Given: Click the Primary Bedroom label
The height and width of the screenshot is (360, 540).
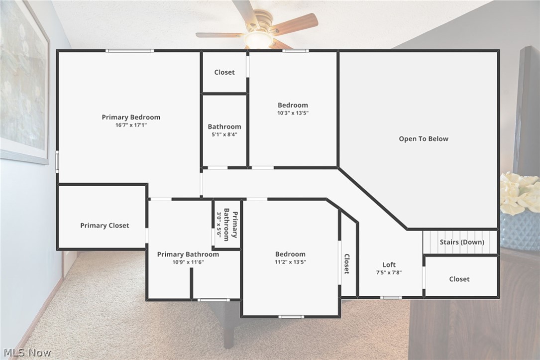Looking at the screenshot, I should (131, 118).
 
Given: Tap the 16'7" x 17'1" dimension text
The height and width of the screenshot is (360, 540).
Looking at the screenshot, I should (131, 125).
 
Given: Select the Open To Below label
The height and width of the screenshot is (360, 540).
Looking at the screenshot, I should (424, 139).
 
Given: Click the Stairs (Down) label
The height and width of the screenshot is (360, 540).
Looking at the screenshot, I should (461, 242).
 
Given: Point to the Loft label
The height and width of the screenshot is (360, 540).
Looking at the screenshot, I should (389, 265).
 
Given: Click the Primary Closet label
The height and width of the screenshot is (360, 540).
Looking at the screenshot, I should (105, 226).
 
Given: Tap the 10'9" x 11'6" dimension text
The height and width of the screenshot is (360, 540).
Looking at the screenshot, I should (188, 262).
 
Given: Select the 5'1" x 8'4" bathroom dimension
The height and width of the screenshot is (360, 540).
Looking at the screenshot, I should (224, 134).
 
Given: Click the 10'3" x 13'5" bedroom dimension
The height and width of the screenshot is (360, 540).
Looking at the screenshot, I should (293, 113).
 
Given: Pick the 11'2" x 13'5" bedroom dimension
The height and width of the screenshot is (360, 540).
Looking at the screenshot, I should (290, 262).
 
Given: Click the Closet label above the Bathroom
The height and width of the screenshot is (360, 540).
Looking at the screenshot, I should (224, 73).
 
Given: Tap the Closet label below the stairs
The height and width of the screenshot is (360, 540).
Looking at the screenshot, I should (459, 279).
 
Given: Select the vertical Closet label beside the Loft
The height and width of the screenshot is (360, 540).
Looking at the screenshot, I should (346, 264).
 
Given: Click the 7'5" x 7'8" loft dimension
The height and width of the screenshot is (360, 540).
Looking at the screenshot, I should (389, 272).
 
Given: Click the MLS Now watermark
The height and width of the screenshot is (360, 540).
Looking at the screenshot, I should (26, 353).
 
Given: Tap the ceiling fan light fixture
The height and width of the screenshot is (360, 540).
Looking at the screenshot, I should (259, 40).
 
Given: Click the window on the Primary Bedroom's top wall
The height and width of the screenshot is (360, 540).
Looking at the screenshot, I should (130, 51).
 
